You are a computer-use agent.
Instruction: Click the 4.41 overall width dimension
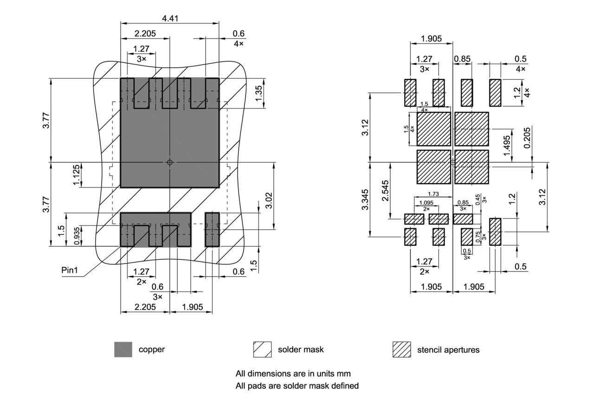[x=170, y=19]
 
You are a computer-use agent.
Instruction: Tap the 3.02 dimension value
[x=269, y=196]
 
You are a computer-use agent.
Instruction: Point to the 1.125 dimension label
[x=77, y=175]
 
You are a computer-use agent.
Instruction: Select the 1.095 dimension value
[x=426, y=203]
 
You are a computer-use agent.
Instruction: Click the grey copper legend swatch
[x=123, y=349]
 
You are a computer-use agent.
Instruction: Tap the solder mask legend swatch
[x=262, y=349]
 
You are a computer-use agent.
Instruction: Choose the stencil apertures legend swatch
[x=402, y=349]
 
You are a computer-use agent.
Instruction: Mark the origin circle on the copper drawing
[x=170, y=162]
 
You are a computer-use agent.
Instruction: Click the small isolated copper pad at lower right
[x=212, y=229]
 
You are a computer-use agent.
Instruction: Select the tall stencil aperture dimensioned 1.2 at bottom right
[x=495, y=232]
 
